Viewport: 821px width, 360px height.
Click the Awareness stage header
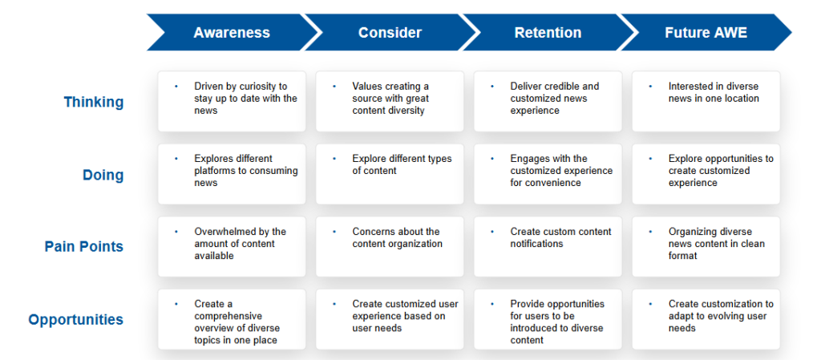pyautogui.click(x=232, y=32)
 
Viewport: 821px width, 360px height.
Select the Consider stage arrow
pyautogui.click(x=390, y=32)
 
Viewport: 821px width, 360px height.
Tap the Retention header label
pyautogui.click(x=548, y=32)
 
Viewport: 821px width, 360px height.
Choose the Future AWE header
pyautogui.click(x=706, y=32)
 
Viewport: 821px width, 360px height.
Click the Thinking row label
pyautogui.click(x=94, y=102)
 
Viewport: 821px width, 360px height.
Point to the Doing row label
pyautogui.click(x=103, y=175)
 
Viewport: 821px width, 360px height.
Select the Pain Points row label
pyautogui.click(x=83, y=247)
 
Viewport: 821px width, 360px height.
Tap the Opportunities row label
pyautogui.click(x=76, y=320)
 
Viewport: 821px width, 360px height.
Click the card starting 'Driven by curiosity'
pyautogui.click(x=232, y=102)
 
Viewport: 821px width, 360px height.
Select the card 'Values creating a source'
pyautogui.click(x=390, y=102)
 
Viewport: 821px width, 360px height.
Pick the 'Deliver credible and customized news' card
pyautogui.click(x=548, y=102)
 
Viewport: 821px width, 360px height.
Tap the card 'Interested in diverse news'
pyautogui.click(x=706, y=102)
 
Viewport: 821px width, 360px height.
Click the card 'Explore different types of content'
pyautogui.click(x=390, y=174)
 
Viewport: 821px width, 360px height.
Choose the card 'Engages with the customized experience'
pyautogui.click(x=548, y=174)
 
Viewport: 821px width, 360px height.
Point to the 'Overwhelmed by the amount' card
pyautogui.click(x=232, y=247)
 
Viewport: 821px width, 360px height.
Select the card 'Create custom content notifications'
pyautogui.click(x=548, y=247)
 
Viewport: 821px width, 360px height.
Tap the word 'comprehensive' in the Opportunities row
pyautogui.click(x=228, y=317)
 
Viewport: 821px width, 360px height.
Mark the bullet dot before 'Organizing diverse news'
pyautogui.click(x=650, y=232)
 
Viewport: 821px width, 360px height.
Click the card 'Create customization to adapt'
pyautogui.click(x=706, y=319)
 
